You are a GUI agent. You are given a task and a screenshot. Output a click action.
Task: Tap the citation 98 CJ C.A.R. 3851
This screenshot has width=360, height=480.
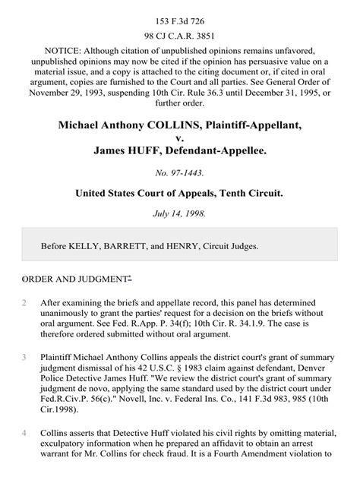coord(180,34)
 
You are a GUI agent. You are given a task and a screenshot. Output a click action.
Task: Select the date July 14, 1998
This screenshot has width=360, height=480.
coord(180,213)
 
